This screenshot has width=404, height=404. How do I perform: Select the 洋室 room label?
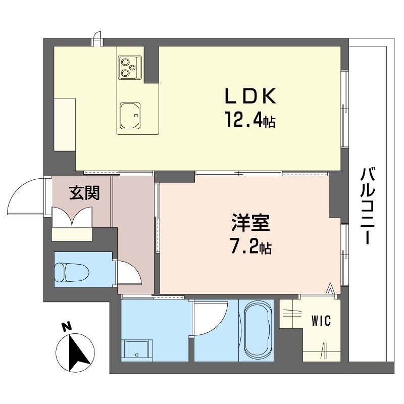(x=249, y=223)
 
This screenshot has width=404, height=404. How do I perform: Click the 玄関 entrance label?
(x=84, y=193)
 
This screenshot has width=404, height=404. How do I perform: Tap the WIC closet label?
(x=321, y=321)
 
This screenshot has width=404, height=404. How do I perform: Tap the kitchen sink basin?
(x=131, y=115)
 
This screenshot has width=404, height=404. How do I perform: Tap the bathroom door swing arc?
(x=210, y=318)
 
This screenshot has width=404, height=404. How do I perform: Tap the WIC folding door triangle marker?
(x=330, y=288)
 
